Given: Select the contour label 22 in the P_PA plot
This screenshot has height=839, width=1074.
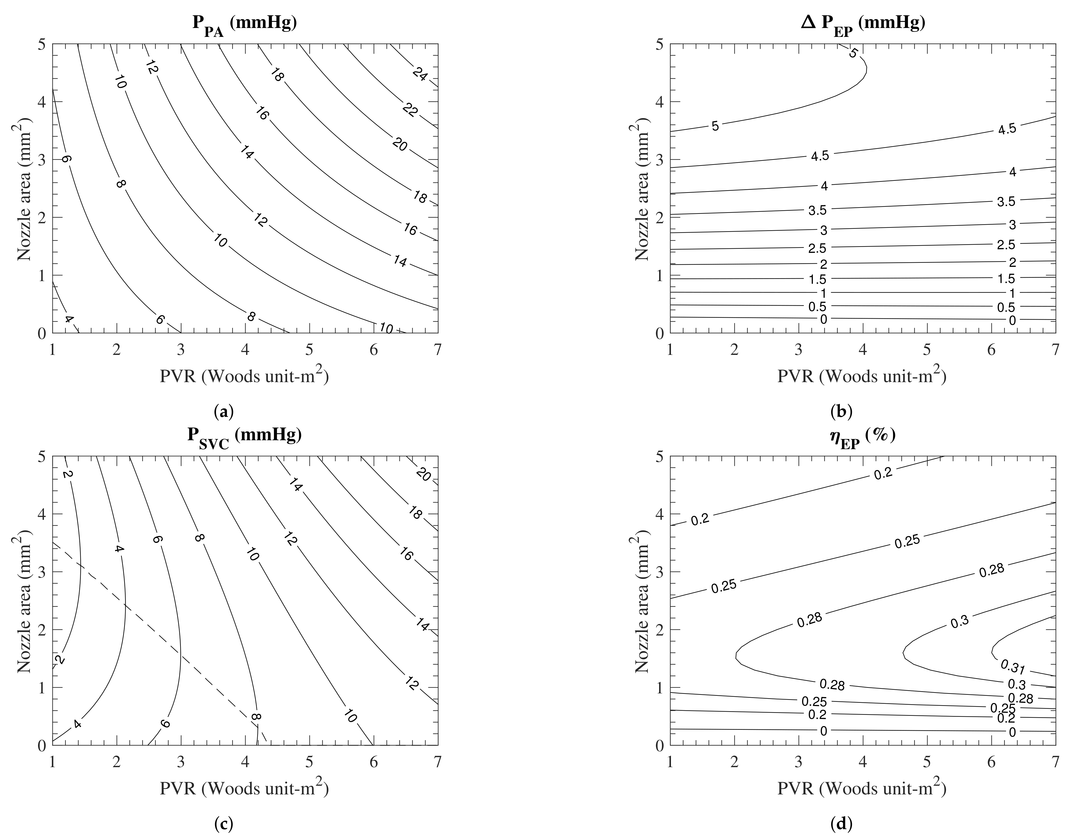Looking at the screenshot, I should point(410,111).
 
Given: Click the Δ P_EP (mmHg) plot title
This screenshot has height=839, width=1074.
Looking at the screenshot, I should point(863,24).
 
